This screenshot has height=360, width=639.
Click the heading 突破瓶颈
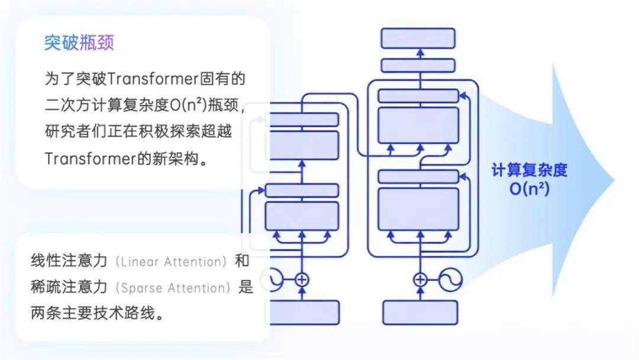pyautogui.click(x=79, y=43)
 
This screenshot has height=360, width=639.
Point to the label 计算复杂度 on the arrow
pyautogui.click(x=529, y=171)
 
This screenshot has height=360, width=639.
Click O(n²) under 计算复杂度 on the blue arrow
pyautogui.click(x=529, y=189)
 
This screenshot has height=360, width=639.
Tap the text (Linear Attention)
pyautogui.click(x=172, y=261)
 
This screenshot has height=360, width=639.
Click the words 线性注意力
pyautogui.click(x=69, y=261)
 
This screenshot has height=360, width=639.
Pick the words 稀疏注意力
pyautogui.click(x=69, y=287)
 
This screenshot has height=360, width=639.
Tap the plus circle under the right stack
pyautogui.click(x=420, y=279)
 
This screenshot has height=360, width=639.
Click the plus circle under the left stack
pyautogui.click(x=302, y=279)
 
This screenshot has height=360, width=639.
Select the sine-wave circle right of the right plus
pyautogui.click(x=450, y=279)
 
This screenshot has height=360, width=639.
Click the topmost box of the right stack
pyautogui.click(x=418, y=38)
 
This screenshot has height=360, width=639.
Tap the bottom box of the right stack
pyautogui.click(x=420, y=312)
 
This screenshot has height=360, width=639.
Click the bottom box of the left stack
pyautogui.click(x=302, y=312)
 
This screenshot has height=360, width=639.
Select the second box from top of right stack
pyautogui.click(x=418, y=65)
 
